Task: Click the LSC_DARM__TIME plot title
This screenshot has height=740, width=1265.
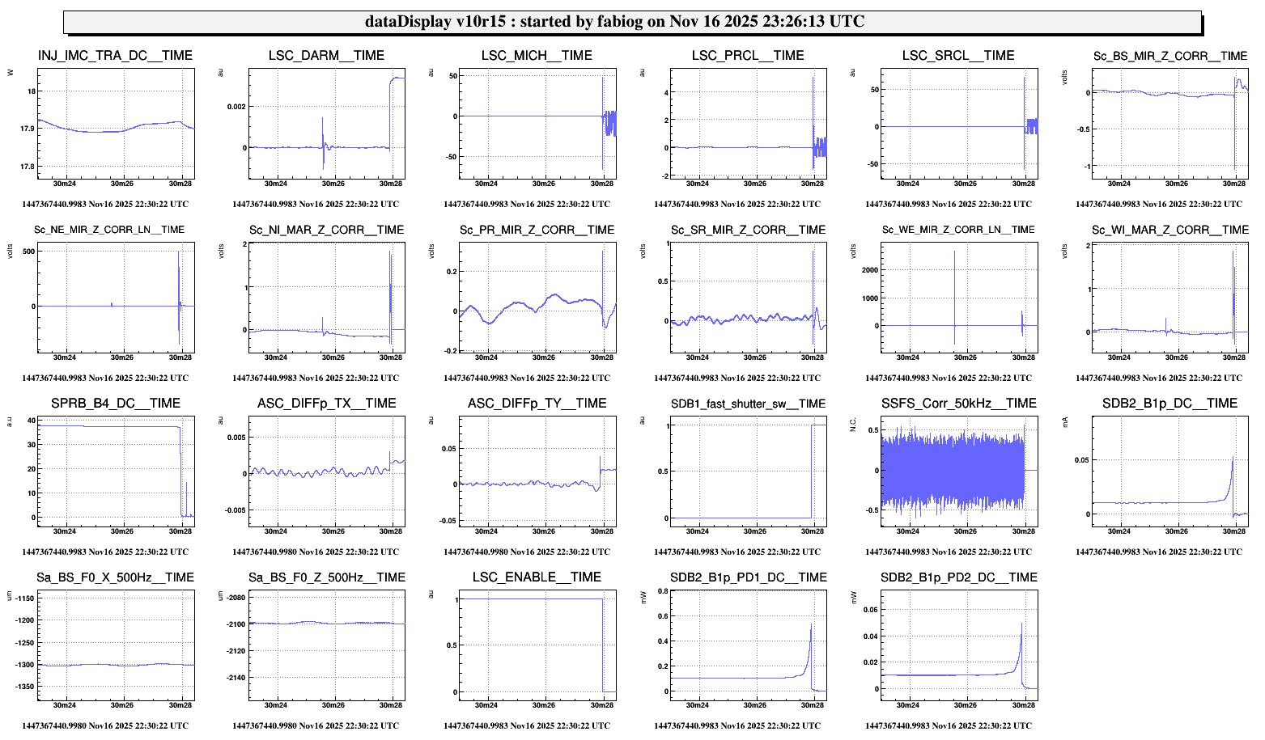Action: [x=326, y=56]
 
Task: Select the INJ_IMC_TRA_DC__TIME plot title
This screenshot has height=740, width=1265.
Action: [x=115, y=56]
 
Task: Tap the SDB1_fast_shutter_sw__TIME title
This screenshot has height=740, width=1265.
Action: [x=748, y=404]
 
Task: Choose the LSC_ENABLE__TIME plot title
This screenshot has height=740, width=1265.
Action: [x=537, y=577]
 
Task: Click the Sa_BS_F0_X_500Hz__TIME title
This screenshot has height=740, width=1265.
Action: [x=115, y=577]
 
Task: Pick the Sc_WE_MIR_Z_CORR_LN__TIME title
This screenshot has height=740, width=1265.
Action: [x=958, y=230]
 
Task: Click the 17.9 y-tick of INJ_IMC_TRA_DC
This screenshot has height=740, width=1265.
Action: [x=27, y=129]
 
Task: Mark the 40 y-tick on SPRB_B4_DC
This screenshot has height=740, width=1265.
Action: [x=31, y=421]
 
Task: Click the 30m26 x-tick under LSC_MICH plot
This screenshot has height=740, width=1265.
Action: [x=544, y=184]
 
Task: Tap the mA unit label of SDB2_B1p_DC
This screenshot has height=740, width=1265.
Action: [x=1065, y=421]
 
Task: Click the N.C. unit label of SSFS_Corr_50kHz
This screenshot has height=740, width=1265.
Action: [x=854, y=425]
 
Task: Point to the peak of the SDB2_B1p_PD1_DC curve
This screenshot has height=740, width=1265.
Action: [x=810, y=624]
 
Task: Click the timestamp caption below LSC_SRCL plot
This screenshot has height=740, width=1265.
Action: [x=949, y=204]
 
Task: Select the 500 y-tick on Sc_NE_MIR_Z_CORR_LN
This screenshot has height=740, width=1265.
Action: [x=28, y=252]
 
